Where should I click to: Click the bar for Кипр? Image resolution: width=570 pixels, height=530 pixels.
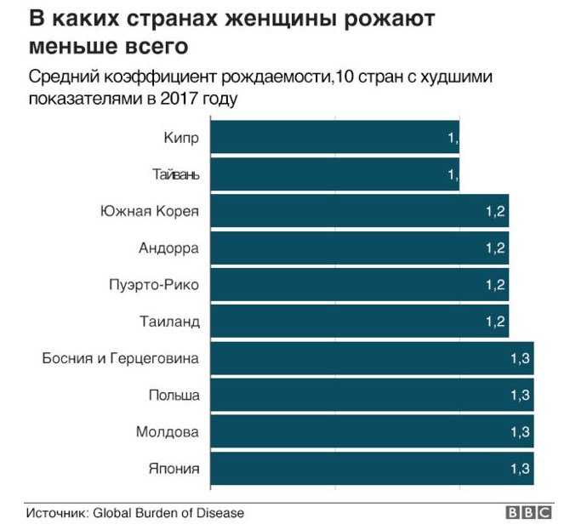(334, 138)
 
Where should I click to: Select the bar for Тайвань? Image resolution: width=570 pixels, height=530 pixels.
(334, 174)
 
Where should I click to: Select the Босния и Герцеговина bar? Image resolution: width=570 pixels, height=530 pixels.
(370, 358)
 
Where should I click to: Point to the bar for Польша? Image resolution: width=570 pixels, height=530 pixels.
(370, 395)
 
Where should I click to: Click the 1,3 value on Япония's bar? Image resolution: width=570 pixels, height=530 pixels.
(520, 468)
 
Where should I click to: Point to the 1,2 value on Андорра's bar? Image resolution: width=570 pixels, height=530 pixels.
(496, 248)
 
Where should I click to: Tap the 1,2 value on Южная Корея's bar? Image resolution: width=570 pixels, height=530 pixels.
(496, 211)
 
